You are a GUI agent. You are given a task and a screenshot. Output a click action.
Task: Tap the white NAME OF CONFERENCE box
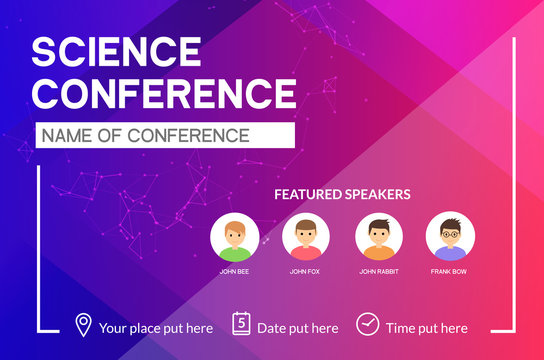(x=165, y=135)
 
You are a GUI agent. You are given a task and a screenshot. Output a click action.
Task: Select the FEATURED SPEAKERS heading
(x=342, y=194)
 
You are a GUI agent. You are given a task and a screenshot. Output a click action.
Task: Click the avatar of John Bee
(x=235, y=238)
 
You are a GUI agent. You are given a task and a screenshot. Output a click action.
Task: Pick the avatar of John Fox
(x=306, y=238)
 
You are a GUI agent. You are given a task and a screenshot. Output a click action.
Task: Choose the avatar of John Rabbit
(x=380, y=238)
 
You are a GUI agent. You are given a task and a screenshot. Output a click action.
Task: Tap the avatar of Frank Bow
(x=450, y=238)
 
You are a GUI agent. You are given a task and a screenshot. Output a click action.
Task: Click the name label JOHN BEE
(x=235, y=271)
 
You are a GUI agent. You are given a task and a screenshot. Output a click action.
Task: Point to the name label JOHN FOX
(x=306, y=271)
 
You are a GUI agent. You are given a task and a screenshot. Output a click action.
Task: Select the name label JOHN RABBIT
(x=380, y=271)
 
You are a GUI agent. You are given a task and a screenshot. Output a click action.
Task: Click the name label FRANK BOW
(x=450, y=271)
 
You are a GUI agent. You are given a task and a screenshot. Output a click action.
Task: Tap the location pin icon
(x=83, y=325)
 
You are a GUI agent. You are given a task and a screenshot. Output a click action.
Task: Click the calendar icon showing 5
(x=241, y=324)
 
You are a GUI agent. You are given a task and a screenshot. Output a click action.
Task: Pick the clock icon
(x=367, y=325)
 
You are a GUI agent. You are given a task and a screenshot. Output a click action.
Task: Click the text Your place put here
(x=156, y=328)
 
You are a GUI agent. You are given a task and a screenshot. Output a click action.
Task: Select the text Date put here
(x=298, y=328)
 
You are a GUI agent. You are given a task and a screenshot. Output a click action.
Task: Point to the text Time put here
(x=426, y=328)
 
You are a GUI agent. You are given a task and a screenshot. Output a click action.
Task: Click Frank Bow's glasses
(x=450, y=235)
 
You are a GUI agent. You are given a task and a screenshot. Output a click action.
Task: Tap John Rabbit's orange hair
(x=380, y=224)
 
